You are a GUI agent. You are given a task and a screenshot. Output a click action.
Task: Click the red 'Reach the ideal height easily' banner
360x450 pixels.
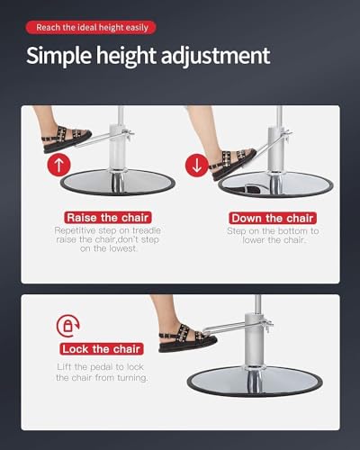91,28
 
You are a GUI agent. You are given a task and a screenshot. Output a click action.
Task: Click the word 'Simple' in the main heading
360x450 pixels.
58,56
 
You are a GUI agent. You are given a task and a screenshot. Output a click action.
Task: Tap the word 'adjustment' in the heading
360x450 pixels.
215,56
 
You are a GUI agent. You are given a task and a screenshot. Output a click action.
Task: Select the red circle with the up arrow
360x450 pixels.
58,165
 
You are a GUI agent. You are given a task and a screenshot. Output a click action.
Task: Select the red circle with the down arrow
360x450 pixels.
197,166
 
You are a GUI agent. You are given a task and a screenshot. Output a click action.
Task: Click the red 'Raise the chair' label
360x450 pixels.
108,218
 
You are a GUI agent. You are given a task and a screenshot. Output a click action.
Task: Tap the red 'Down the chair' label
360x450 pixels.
273,218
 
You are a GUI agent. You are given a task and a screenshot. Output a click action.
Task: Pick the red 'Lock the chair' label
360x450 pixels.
102,349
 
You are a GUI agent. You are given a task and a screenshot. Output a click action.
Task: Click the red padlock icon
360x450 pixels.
68,326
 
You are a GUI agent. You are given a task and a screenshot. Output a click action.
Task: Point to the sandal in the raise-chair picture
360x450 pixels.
67,139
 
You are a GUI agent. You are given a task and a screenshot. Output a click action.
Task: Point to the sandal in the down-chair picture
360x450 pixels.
234,164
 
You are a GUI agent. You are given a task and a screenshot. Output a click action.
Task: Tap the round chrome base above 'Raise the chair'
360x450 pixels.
118,182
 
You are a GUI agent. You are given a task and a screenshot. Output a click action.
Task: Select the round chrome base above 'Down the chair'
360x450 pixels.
276,184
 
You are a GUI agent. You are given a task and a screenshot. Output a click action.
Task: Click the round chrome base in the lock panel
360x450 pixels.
255,381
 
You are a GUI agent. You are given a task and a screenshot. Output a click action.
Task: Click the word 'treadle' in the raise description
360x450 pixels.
147,230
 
